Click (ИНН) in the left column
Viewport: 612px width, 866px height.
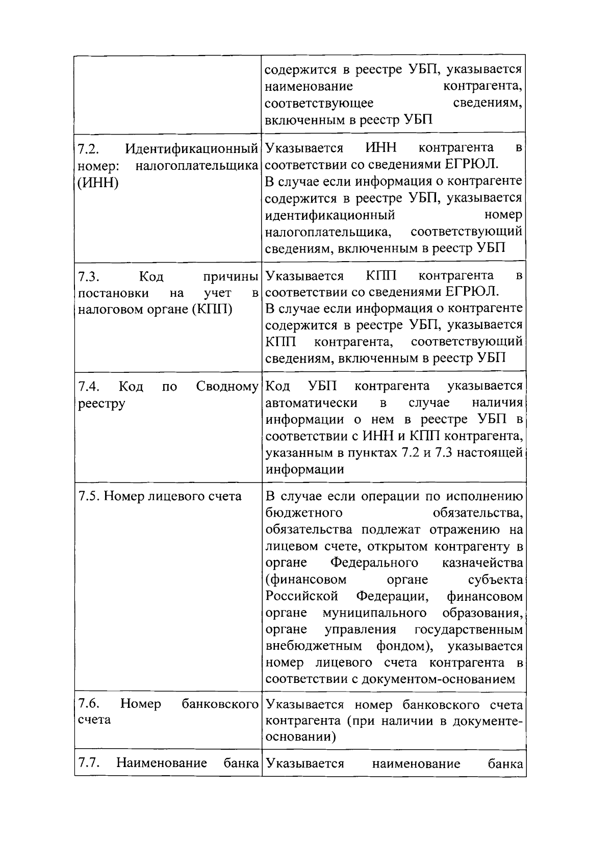(98, 183)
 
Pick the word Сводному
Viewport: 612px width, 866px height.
(227, 387)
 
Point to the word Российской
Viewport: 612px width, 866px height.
(302, 596)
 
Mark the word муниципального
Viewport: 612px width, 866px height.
(374, 613)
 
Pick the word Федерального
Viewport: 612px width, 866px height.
(374, 563)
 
